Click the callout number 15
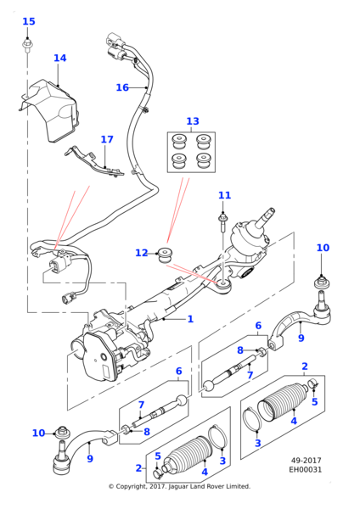[29, 22]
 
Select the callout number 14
[59, 59]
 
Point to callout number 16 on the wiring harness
[122, 87]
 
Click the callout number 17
[106, 140]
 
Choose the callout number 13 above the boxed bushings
[193, 121]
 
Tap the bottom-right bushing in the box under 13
[204, 158]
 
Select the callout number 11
[224, 196]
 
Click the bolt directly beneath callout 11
[222, 221]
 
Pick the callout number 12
[141, 253]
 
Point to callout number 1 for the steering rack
[190, 319]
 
